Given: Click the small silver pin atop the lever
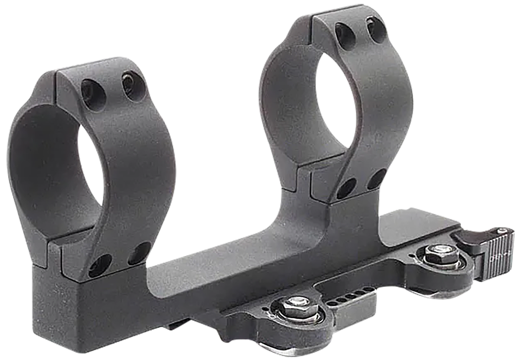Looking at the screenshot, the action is (x=502, y=231).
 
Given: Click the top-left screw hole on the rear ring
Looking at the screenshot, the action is (x=345, y=33).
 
